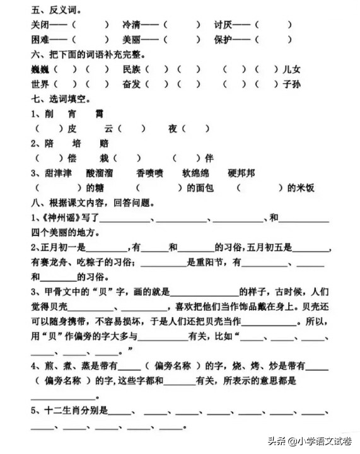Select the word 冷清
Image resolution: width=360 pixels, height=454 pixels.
132,25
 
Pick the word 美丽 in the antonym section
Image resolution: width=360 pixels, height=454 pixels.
132,39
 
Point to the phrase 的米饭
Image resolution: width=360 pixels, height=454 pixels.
300,188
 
